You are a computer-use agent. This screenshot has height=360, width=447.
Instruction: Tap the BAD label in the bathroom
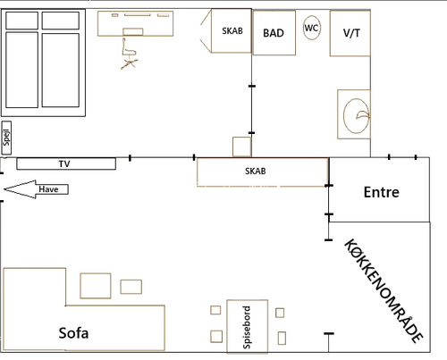click(274, 33)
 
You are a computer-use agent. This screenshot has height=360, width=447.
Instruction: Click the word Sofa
click(73, 333)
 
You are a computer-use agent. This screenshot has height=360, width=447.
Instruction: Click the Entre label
click(382, 192)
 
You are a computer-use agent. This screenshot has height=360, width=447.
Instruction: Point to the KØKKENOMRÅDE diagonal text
click(384, 290)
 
